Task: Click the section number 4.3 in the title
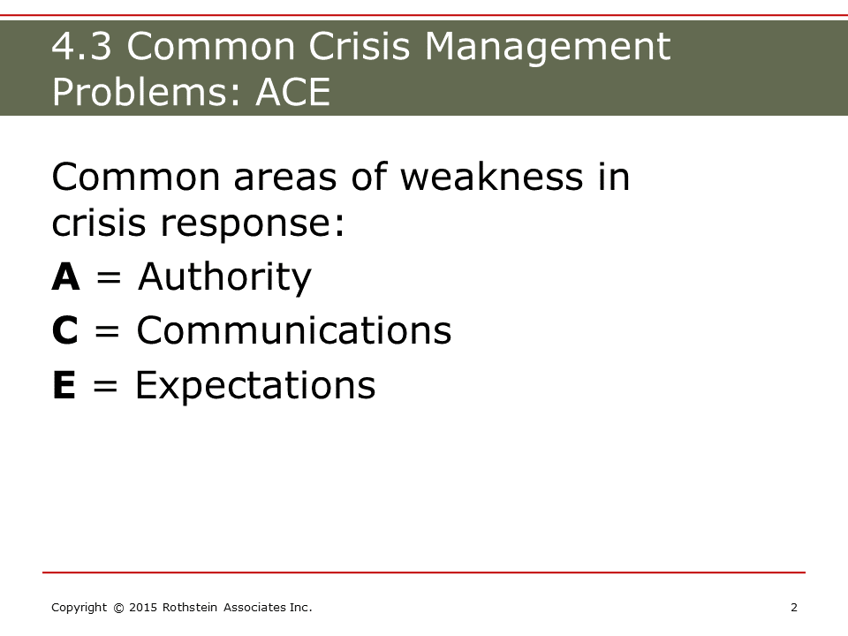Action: [x=81, y=46]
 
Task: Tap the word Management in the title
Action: [x=548, y=49]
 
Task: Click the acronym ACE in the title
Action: [x=292, y=91]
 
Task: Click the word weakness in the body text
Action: [x=492, y=177]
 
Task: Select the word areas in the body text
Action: [x=285, y=178]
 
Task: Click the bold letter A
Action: [x=66, y=276]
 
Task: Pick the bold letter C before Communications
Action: [x=64, y=329]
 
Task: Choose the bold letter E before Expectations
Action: [x=64, y=384]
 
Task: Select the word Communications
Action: [x=294, y=329]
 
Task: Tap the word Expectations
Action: [x=255, y=386]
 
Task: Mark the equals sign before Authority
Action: [x=108, y=278]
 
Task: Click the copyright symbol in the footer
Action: [x=118, y=608]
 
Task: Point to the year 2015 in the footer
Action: [x=143, y=608]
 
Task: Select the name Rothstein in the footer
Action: [x=190, y=608]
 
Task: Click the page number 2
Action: [x=794, y=608]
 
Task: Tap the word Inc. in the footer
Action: [x=300, y=608]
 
